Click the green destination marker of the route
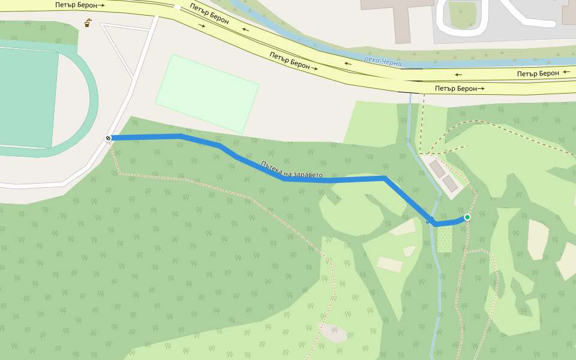[467, 217]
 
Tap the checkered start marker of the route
[109, 139]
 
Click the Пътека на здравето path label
[292, 170]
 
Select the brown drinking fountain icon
[88, 23]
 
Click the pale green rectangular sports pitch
[207, 94]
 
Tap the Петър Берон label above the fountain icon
[79, 5]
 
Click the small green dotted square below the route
[445, 239]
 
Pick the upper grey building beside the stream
[437, 169]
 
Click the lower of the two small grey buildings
[449, 184]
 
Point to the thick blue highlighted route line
[330, 179]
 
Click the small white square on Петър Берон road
[177, 7]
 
